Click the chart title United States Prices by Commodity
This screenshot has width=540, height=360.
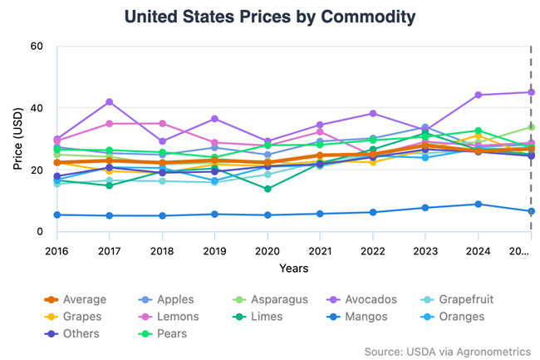[270, 16]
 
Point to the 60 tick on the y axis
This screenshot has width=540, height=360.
[36, 46]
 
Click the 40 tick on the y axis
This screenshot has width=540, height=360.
[36, 108]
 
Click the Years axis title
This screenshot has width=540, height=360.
[294, 268]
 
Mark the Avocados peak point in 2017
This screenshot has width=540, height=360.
[109, 101]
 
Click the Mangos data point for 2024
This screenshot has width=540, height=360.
[478, 204]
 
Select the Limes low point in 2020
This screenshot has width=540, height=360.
[267, 189]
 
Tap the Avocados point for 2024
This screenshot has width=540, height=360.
[478, 95]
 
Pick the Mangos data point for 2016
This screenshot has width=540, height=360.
[56, 215]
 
